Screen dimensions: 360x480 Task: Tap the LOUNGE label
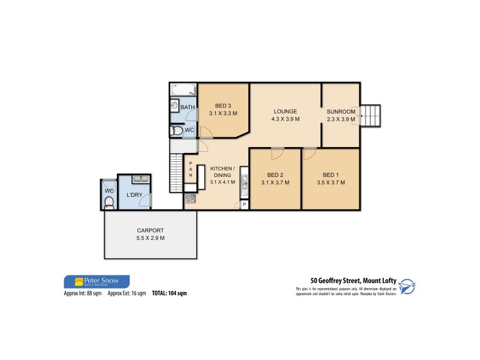coord(286,112)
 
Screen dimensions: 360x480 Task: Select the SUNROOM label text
coord(341,112)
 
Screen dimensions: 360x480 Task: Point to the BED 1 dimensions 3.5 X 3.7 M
coord(331,182)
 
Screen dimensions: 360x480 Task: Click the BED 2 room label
coord(275,175)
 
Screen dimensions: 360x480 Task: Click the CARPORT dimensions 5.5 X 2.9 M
coord(150,238)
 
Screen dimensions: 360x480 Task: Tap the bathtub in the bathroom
coord(184,90)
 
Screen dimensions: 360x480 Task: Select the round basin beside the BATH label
coord(174,107)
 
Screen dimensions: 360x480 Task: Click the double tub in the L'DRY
coord(139,179)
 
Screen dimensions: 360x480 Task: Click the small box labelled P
coord(244,205)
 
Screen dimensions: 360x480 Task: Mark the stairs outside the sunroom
coord(371,115)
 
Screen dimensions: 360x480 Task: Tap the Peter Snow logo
coord(96,281)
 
